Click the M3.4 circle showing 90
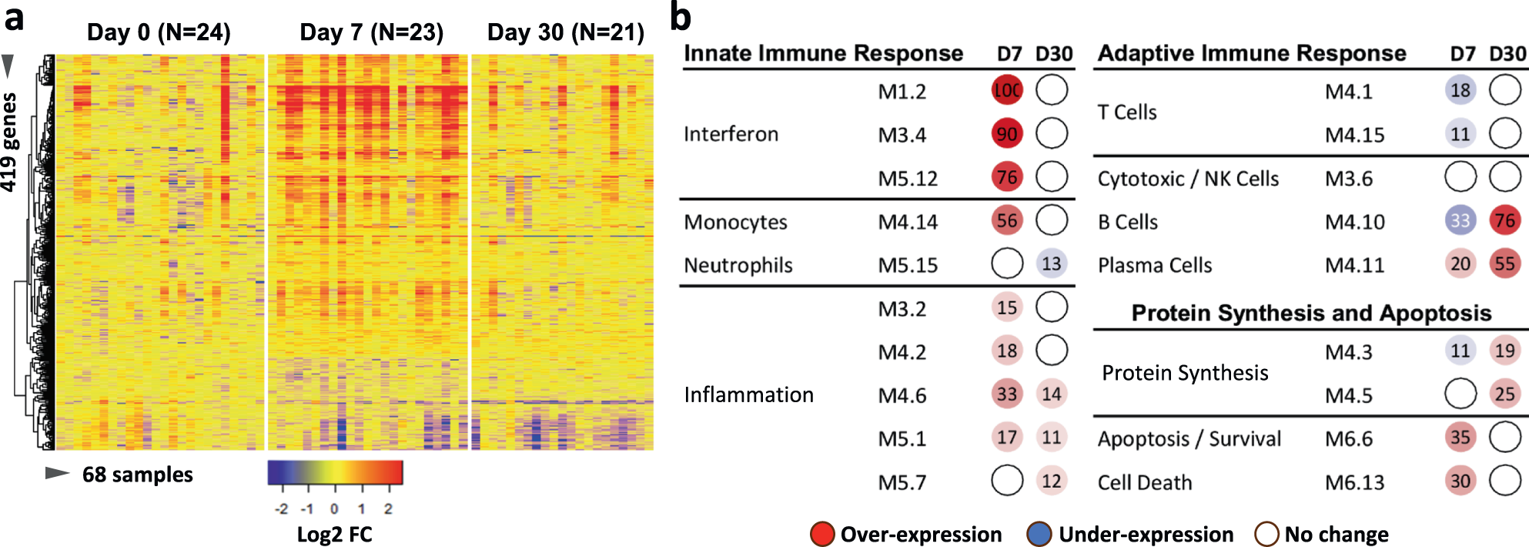pos(1006,134)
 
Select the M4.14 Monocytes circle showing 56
pos(1006,221)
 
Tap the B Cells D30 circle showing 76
pos(1504,221)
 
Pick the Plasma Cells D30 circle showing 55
pos(1504,264)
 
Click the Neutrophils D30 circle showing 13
pos(1051,264)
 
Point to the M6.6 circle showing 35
pos(1460,438)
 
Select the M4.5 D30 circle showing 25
pos(1504,394)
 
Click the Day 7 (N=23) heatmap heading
pos(371,32)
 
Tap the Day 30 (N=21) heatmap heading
pos(565,32)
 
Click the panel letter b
pos(680,17)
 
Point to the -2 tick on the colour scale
pos(282,508)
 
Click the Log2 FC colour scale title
pos(334,535)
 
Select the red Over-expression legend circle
pos(822,534)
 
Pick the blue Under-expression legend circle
pos(1039,534)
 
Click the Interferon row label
pos(731,134)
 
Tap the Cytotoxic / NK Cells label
pos(1187,179)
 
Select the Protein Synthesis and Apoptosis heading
pos(1311,313)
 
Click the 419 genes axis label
pos(9,143)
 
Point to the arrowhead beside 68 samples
pos(57,473)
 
